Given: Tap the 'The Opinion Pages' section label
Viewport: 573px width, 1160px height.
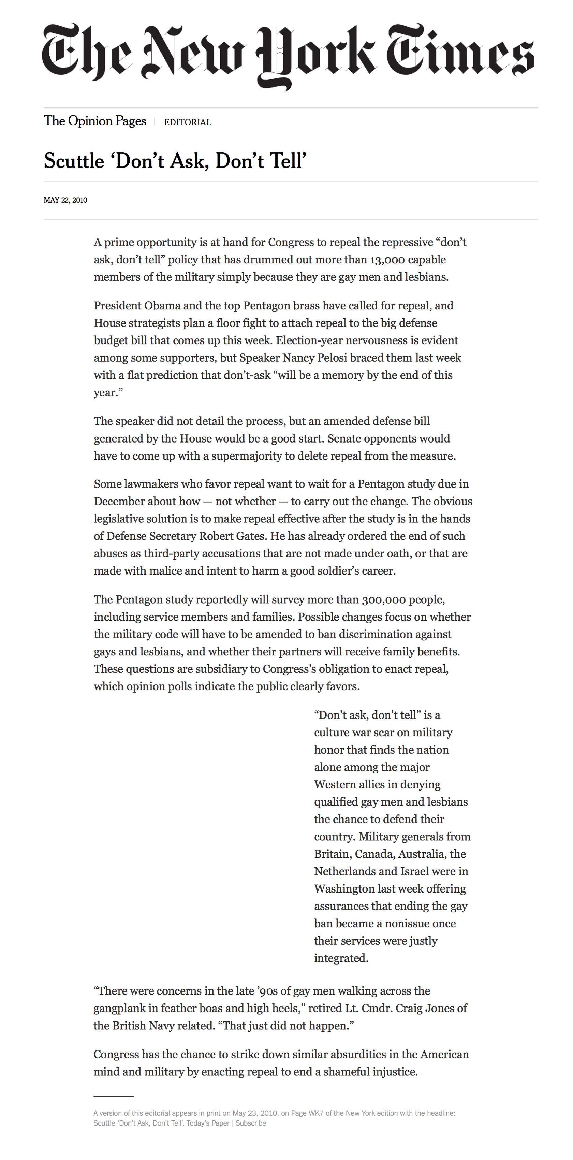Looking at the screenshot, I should (x=95, y=121).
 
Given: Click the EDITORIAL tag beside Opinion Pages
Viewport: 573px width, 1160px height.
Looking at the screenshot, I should (x=188, y=122).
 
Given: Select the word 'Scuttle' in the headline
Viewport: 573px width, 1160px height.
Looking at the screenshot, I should (x=74, y=161).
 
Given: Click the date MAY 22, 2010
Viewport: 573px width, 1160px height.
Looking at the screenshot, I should (x=65, y=200).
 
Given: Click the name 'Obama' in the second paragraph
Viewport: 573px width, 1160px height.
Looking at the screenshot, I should (x=162, y=306).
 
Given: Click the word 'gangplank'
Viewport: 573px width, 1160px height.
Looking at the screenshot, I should (x=119, y=1008).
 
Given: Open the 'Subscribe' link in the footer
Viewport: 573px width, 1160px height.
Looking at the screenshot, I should (x=251, y=1123).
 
